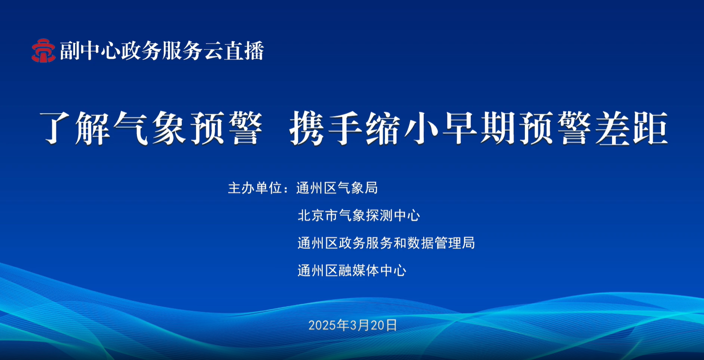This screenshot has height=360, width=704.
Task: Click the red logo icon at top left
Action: coord(43,51)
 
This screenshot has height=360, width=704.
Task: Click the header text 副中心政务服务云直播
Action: coord(162,51)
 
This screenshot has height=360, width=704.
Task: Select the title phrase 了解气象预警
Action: coord(151,128)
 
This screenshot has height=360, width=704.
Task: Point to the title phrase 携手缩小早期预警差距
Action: coord(479,128)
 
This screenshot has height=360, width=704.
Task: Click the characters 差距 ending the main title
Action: coord(631,128)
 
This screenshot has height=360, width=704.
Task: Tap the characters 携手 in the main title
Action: coord(326,128)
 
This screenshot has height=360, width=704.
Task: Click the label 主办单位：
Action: coord(258,188)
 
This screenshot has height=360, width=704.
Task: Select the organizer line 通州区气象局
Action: coord(337,188)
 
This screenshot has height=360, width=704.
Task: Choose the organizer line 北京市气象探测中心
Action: coord(359,215)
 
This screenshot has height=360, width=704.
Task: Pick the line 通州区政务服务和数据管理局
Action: coord(386,243)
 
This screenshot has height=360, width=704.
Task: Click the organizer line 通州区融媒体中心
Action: coord(352,271)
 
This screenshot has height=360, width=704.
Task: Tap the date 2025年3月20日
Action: coord(353,325)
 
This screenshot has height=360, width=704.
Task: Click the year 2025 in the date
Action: coord(323,326)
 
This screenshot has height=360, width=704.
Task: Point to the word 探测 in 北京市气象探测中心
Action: coord(379,215)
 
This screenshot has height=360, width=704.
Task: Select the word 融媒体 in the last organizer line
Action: coord(359,271)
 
